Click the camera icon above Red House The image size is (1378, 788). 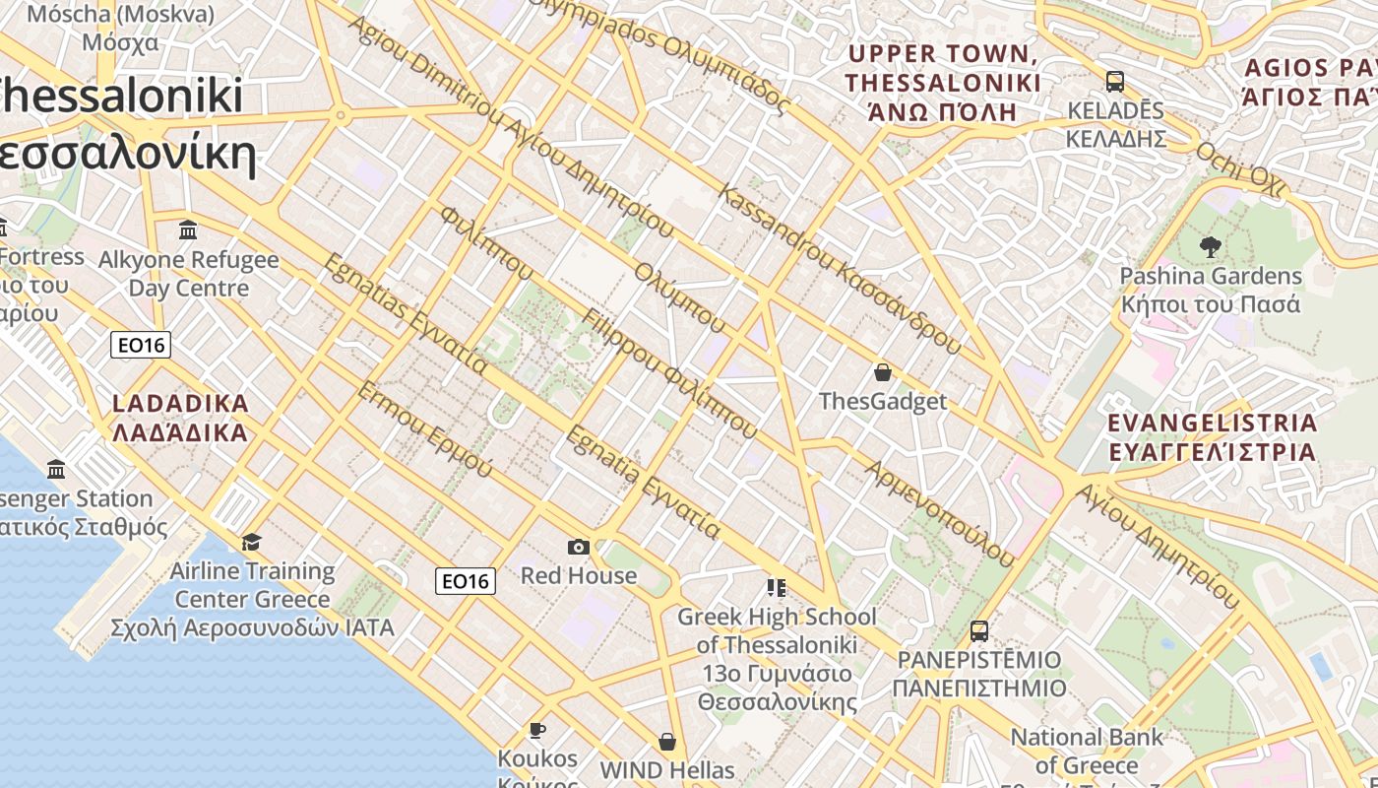point(579,547)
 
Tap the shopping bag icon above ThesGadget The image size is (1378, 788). point(883,372)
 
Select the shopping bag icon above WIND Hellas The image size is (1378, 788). point(667,741)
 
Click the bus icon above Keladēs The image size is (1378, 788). point(1115,81)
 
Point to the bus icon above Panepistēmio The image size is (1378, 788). point(978,630)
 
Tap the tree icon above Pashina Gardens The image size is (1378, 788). point(1211,247)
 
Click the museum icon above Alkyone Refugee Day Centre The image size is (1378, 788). point(188,230)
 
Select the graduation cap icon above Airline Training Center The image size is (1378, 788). point(252,542)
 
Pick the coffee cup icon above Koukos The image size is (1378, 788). point(536,730)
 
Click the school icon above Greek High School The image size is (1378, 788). point(776,588)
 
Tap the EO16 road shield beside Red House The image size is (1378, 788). point(466,581)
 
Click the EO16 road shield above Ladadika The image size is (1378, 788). point(141,345)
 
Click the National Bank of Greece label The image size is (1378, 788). point(1087,751)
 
